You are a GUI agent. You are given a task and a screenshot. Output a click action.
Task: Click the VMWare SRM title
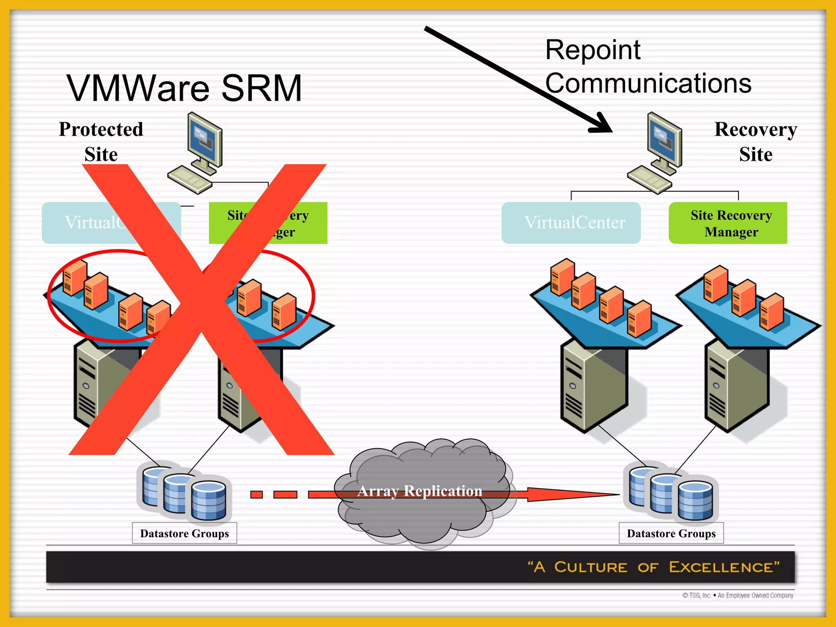185,88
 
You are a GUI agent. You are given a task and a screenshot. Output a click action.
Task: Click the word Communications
648,83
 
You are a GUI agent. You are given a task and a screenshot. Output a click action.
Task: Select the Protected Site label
101,141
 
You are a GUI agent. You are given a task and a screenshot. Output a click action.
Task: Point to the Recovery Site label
756,141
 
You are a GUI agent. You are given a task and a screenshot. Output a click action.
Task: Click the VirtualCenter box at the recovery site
571,223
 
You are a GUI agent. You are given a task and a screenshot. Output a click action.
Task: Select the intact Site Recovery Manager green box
728,223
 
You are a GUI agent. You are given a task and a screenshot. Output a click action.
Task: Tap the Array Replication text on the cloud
420,491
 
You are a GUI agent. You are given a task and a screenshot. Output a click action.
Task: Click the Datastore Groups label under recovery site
671,533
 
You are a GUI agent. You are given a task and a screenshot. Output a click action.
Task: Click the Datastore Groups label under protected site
185,533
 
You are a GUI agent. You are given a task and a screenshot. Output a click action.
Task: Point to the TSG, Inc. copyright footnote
738,596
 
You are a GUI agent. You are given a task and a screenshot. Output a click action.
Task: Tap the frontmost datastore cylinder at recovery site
695,500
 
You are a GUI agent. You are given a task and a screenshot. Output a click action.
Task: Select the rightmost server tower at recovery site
737,386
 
